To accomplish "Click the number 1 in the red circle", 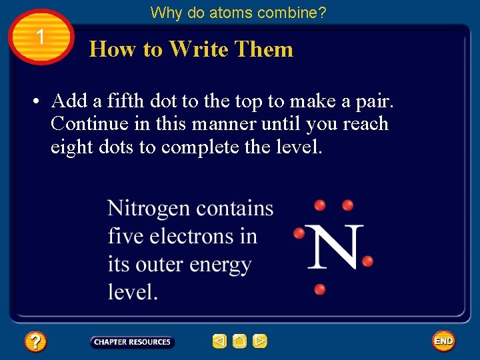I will point(41,37).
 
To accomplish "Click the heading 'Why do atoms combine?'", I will point(238,13).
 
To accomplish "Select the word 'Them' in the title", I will point(265,49).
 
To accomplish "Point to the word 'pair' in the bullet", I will point(373,101).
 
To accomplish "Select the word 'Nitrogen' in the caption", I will point(149,209).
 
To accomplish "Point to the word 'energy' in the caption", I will point(220,265).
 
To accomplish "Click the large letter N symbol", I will point(336,246).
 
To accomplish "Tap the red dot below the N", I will point(320,289).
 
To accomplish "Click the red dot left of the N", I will point(299,233).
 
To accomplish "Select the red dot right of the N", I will point(367,260).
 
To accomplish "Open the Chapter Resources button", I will point(132,342).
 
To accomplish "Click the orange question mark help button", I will point(35,342).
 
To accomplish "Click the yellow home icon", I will point(239,341).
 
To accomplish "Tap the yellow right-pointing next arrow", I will point(260,341).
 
